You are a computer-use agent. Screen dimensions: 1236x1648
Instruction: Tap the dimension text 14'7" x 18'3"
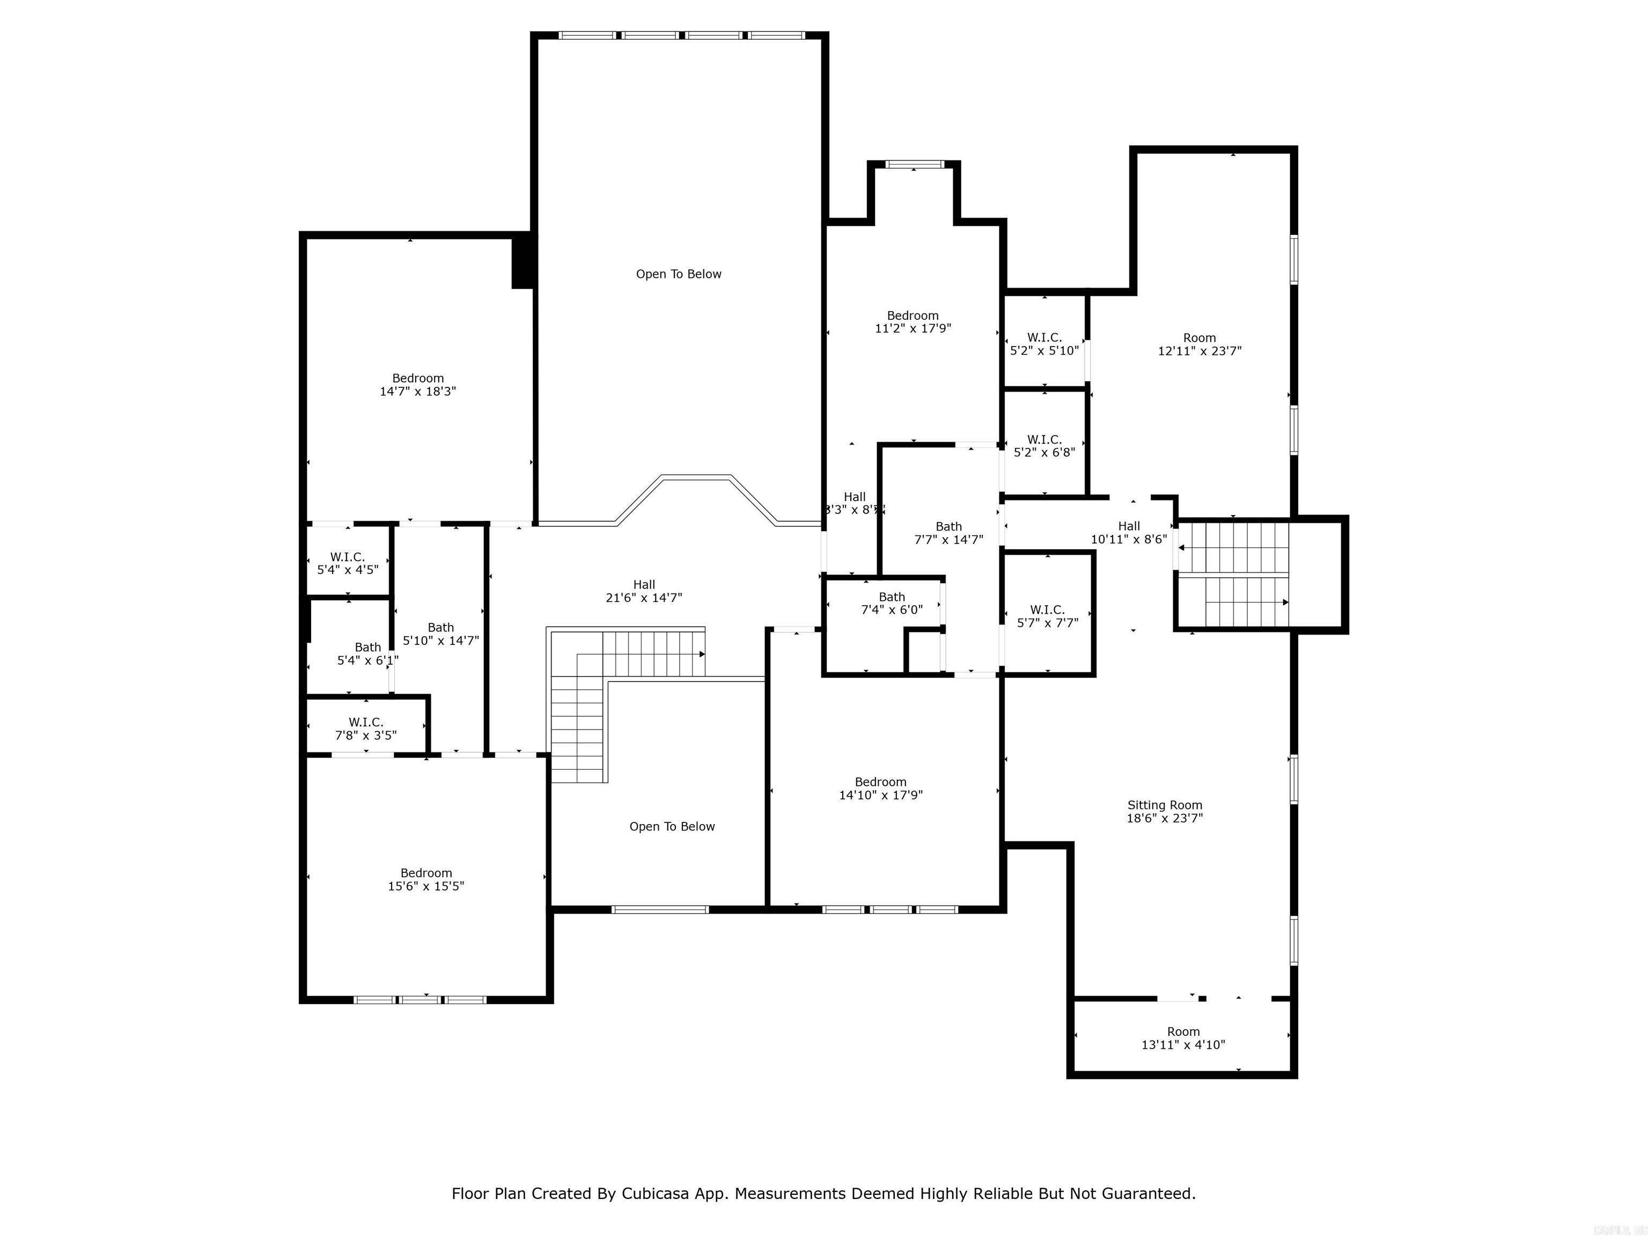(417, 391)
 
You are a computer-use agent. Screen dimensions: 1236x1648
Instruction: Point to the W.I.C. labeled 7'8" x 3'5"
(365, 729)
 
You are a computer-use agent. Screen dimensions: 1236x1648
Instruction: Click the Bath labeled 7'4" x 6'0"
(891, 603)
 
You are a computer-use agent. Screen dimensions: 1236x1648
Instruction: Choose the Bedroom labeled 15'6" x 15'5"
(425, 879)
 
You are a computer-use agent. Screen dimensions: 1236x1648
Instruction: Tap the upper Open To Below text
(678, 274)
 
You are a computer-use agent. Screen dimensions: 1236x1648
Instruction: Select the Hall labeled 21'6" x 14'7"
(644, 591)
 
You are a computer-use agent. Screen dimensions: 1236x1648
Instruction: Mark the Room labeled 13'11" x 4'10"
(1183, 1038)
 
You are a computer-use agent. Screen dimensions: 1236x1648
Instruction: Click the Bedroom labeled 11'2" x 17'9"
(913, 322)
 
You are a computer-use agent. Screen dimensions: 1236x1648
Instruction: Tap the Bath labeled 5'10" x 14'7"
(440, 633)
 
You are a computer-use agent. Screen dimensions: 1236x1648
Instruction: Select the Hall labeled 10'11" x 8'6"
(1129, 533)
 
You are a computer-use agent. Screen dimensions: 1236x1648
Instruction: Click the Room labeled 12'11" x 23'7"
(1199, 344)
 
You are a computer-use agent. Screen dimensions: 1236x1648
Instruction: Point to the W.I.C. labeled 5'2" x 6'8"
(1044, 445)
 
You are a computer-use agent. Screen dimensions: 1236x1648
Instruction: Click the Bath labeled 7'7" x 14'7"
(948, 533)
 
